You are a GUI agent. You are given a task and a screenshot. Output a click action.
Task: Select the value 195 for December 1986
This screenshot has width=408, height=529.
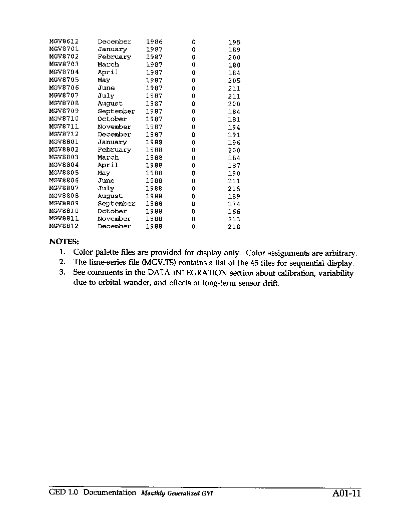234,42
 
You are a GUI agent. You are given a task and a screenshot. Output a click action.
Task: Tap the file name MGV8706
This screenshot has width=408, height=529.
64,88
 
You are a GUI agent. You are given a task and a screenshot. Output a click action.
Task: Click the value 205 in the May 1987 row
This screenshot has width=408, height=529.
234,81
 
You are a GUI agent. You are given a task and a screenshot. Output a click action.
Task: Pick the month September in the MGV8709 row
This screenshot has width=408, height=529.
116,111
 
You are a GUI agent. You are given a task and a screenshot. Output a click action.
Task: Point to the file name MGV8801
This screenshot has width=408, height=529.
64,142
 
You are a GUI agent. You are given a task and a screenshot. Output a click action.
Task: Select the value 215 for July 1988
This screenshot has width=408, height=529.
234,189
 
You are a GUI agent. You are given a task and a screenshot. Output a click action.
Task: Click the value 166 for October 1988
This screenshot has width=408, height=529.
234,212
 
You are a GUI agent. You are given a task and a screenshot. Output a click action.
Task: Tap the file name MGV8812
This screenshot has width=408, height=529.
64,226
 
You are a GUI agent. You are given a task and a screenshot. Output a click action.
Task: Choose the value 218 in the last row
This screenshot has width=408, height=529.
234,227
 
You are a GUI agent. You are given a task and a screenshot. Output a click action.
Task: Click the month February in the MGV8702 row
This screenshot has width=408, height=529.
114,57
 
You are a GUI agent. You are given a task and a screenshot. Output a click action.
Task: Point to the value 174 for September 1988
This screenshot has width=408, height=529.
234,204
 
